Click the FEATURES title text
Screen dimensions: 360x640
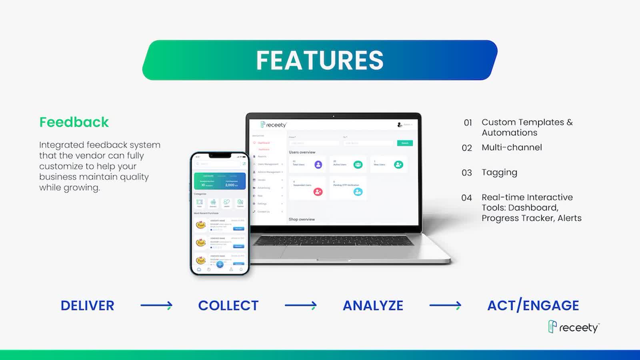tap(320, 60)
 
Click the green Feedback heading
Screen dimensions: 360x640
tap(74, 122)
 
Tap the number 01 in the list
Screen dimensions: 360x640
tap(468, 123)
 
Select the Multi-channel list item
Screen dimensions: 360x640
tap(512, 148)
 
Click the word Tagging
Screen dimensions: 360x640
tap(499, 172)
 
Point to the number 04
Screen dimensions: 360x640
tap(466, 198)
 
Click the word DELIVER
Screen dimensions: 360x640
tap(87, 306)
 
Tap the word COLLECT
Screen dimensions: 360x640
tap(228, 306)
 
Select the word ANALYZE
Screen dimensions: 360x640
tap(373, 306)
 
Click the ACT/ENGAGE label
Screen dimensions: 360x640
tap(533, 306)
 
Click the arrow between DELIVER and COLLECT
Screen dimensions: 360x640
tap(156, 306)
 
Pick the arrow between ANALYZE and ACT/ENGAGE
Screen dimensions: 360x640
tap(445, 306)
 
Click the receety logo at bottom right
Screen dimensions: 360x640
tap(574, 327)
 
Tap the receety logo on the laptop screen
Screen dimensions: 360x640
tap(274, 125)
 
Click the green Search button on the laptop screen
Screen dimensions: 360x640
tap(405, 143)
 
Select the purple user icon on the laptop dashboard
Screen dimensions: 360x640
tap(318, 164)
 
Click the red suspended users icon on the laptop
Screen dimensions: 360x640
tap(318, 192)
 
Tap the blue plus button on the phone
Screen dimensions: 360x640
tap(220, 264)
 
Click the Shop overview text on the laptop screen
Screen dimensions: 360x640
tap(302, 219)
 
